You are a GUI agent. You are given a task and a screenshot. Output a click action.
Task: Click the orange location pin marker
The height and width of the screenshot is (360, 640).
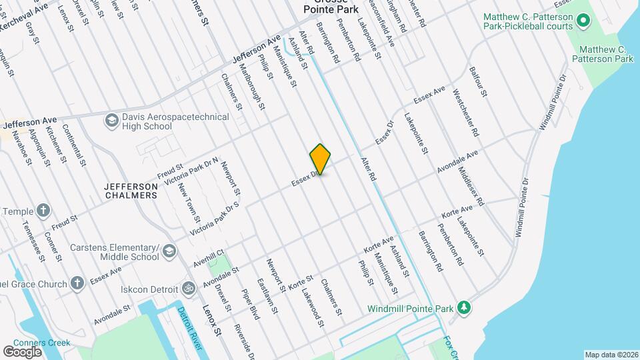point(320,159)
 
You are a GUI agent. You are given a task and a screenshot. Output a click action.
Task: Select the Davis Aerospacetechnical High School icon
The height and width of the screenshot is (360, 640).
point(111,121)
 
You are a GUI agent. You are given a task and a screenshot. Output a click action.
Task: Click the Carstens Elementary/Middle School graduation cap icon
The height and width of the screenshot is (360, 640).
point(169,251)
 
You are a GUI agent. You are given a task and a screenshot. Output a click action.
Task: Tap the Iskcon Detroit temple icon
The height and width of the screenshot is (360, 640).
point(189,289)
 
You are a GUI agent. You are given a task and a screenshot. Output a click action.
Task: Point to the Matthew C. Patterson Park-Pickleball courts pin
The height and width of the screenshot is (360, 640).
point(585,21)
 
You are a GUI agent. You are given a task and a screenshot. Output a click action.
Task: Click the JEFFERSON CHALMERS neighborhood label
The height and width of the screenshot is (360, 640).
point(131,190)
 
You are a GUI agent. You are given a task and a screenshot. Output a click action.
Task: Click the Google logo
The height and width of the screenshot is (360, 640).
point(22,351)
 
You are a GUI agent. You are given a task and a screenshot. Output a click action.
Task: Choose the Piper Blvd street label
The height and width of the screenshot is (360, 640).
point(251,303)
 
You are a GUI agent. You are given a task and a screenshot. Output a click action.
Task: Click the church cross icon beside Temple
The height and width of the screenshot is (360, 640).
point(43,211)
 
